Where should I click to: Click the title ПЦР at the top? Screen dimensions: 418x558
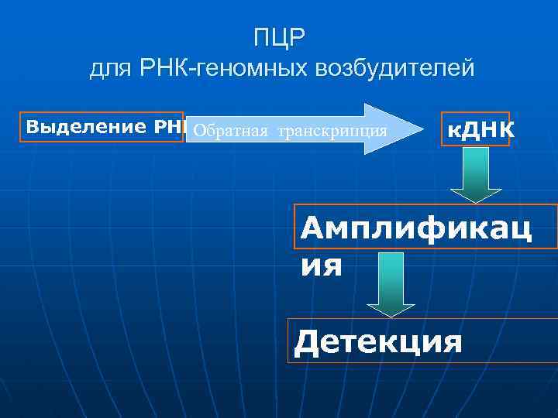(281, 36)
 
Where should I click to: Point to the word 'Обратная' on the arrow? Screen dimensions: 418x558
(231, 129)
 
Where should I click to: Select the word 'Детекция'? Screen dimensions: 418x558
(379, 341)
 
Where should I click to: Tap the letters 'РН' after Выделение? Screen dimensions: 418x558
(171, 126)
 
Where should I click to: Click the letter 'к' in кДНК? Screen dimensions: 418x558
(452, 128)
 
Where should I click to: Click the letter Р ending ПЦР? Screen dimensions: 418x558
(300, 36)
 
